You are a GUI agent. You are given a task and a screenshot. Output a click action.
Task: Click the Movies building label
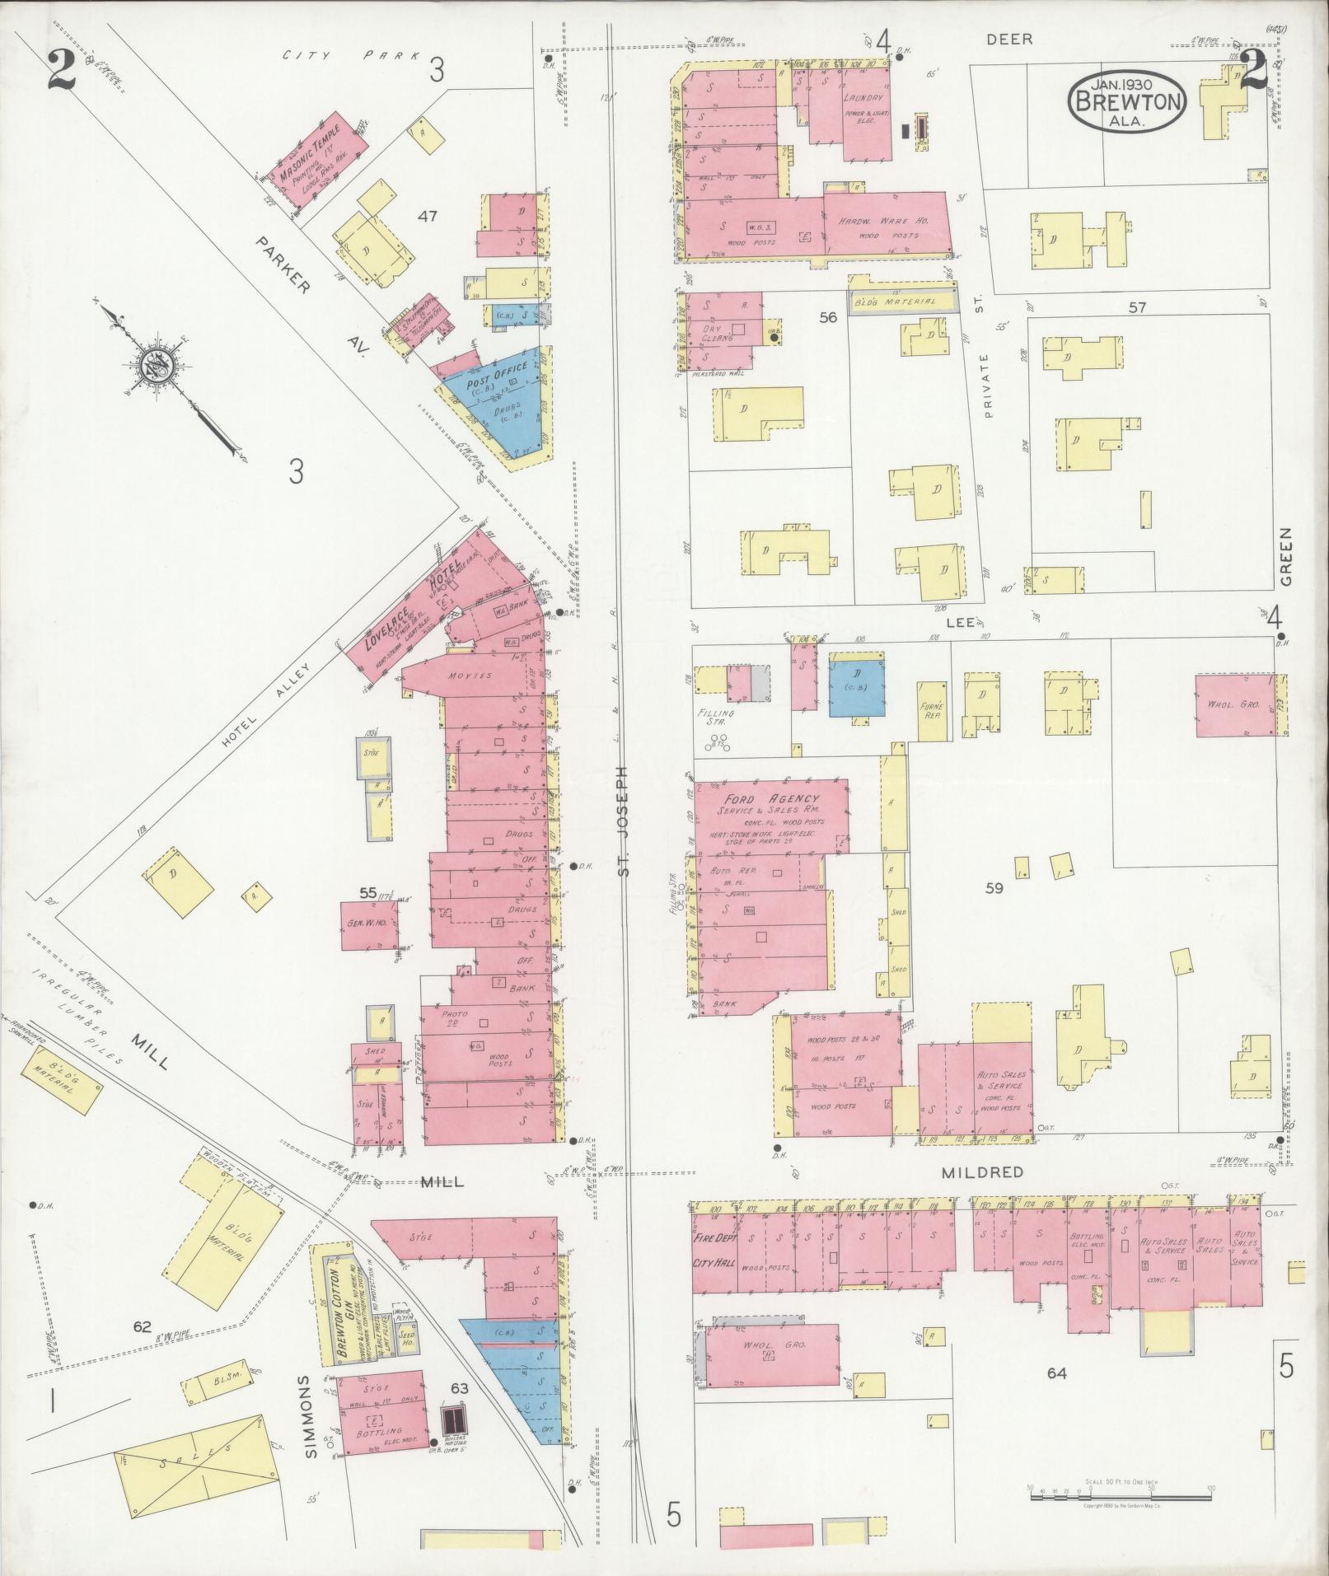(470, 676)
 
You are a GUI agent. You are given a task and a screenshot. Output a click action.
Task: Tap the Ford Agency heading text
(771, 799)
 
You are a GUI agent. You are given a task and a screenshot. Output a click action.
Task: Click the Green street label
(1286, 557)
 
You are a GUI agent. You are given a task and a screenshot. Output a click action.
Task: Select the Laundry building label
(863, 97)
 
